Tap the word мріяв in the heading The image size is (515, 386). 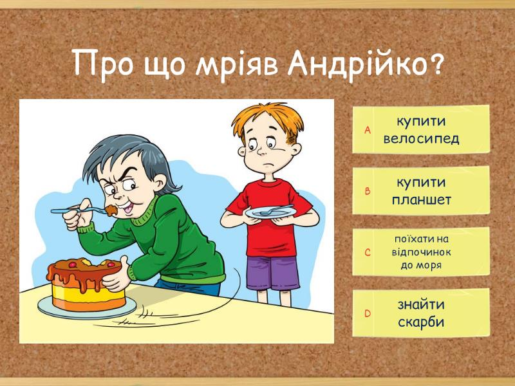[x=236, y=66]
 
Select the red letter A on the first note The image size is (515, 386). [x=368, y=131]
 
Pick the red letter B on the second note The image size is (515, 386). [x=368, y=191]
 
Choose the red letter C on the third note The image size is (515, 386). [x=368, y=252]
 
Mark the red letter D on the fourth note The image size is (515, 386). [x=368, y=313]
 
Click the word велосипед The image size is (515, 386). [x=421, y=139]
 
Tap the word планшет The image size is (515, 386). [x=422, y=199]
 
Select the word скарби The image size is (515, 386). [x=421, y=322]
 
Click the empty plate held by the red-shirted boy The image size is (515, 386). [x=270, y=213]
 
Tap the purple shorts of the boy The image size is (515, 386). [x=272, y=273]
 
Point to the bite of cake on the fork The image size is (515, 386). [x=111, y=210]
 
